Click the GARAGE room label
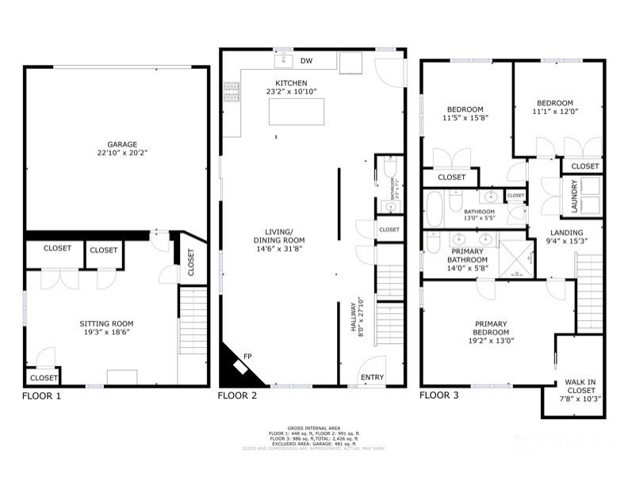pos(117,144)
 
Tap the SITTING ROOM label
pos(106,323)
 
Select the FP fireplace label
pos(247,356)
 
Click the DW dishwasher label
pos(306,60)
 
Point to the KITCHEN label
pos(291,83)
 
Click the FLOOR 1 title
pos(41,395)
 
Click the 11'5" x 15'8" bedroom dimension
pos(465,118)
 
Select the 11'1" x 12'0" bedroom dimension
pos(554,113)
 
